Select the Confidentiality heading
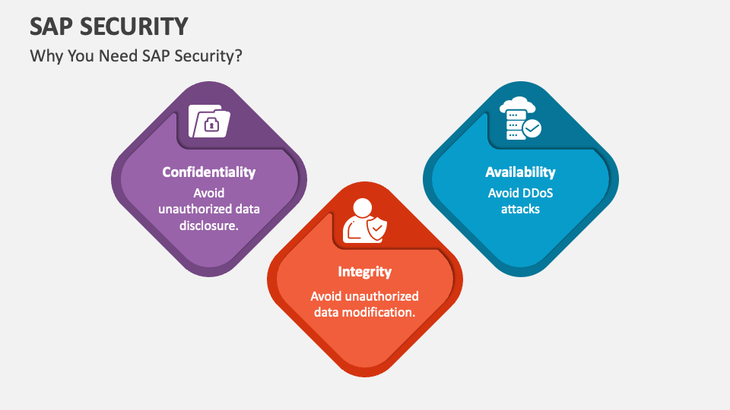pyautogui.click(x=208, y=172)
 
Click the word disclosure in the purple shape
pyautogui.click(x=208, y=225)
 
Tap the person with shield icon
pyautogui.click(x=364, y=221)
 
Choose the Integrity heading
pyautogui.click(x=365, y=272)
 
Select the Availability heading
pyautogui.click(x=520, y=172)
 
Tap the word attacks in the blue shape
pyautogui.click(x=520, y=209)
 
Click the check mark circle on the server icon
pyautogui.click(x=532, y=129)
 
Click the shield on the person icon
pyautogui.click(x=376, y=229)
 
